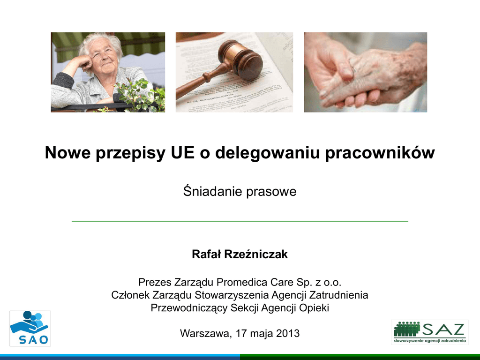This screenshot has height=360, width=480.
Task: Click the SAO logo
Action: point(30,329)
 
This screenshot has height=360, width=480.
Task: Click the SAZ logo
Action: point(429,332)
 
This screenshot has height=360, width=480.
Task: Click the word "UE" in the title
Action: point(183,152)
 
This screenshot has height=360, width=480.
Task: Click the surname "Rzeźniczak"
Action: point(256,254)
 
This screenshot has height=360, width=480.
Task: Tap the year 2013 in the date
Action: point(287,333)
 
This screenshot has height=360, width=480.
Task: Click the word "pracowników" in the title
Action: point(380,152)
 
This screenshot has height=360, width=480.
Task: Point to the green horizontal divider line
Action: point(240,221)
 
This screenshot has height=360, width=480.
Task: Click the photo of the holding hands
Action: point(366,72)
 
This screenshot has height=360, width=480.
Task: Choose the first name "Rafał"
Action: point(206,254)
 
